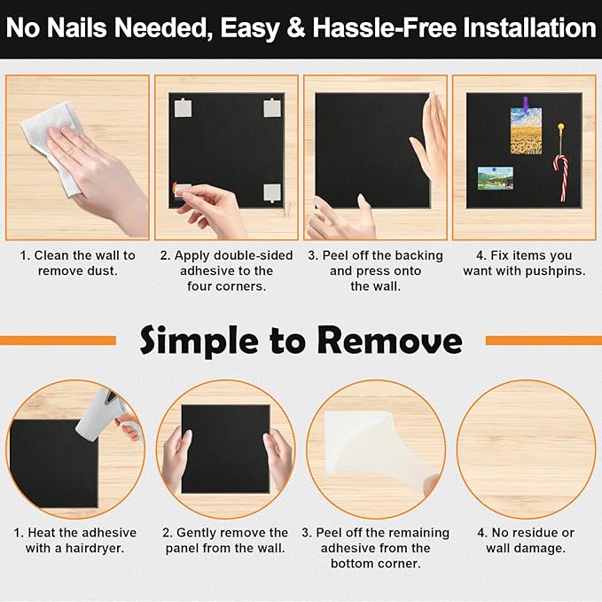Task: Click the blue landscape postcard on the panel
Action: [x=495, y=178]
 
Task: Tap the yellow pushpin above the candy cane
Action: [x=561, y=130]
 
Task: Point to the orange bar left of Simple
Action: [x=58, y=340]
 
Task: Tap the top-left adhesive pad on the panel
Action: [x=184, y=108]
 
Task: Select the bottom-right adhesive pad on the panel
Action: [x=271, y=192]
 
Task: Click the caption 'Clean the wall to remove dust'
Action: [x=77, y=262]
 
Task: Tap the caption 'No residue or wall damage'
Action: [x=526, y=540]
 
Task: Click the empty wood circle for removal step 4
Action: [x=526, y=449]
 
